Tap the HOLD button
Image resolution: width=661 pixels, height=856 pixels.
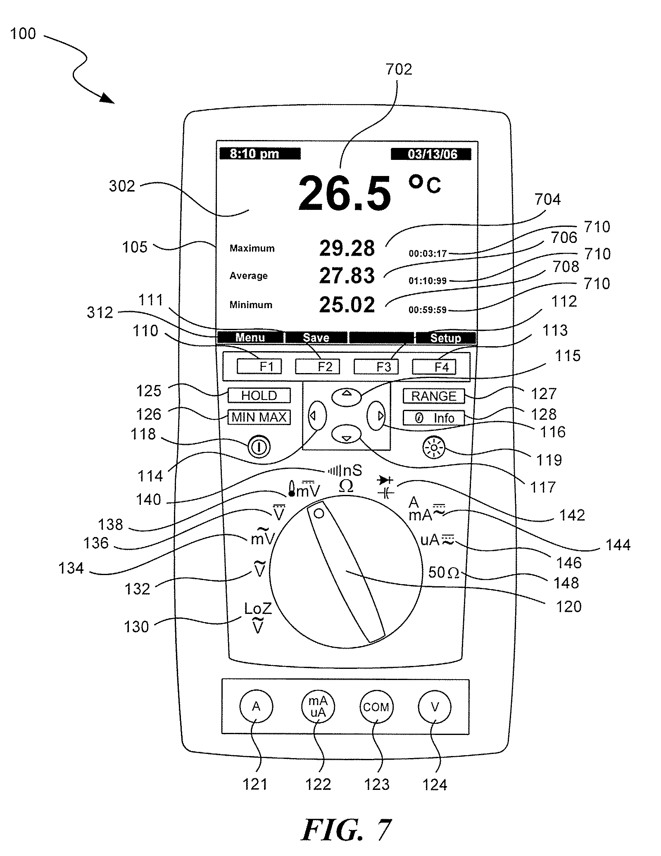point(259,395)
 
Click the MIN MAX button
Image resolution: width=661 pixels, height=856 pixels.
point(259,417)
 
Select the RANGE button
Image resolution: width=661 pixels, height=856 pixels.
point(433,396)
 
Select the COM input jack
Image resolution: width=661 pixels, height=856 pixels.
point(376,707)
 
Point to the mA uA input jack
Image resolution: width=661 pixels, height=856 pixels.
point(318,707)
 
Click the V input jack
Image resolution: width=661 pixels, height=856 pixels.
point(435,707)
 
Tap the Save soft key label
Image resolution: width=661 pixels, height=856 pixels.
point(316,338)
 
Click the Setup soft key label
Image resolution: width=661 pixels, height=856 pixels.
point(445,338)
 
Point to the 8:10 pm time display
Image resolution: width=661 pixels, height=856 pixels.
point(254,154)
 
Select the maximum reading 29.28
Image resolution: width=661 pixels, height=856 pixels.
point(347,248)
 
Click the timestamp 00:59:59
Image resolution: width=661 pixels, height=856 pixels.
point(428,310)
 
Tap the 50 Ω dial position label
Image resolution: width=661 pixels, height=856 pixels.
point(443,573)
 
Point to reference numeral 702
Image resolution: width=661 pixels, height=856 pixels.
point(399,69)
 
